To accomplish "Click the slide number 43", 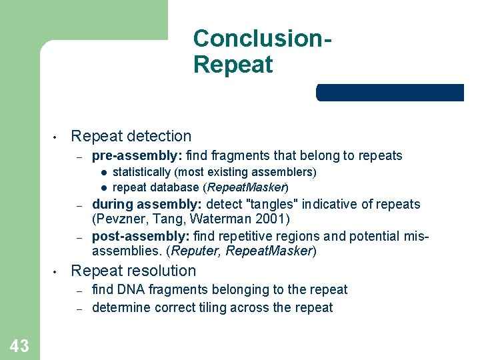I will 19,345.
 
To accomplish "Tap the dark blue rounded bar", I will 390,93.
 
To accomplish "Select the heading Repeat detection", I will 131,136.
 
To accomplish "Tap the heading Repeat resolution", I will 133,271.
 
